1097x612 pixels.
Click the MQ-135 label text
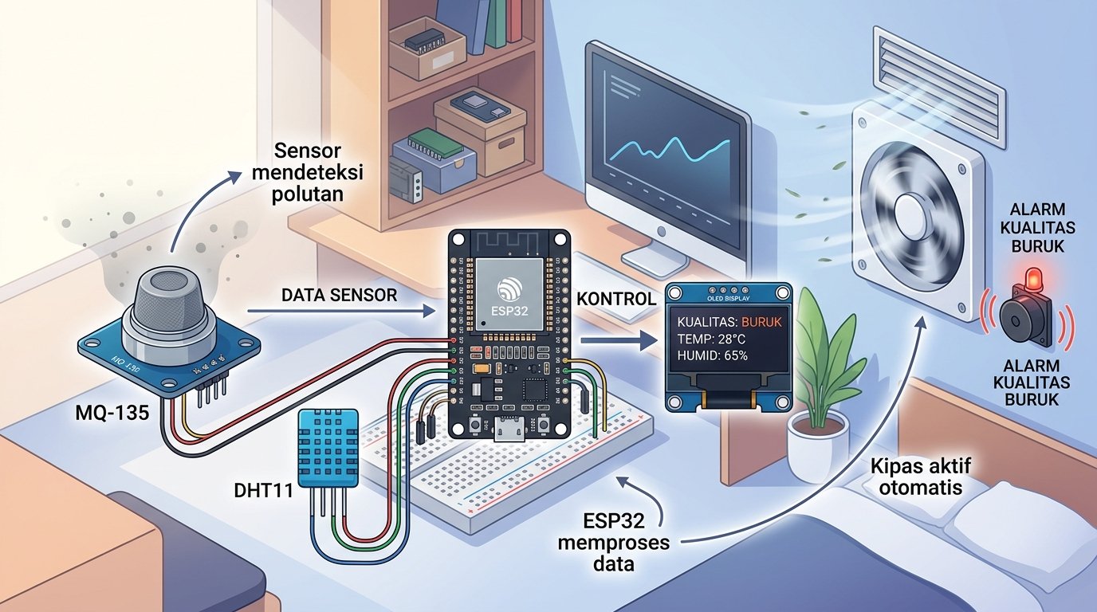tap(112, 413)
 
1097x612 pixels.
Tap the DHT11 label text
tap(263, 490)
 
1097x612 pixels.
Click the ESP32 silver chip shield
tap(509, 294)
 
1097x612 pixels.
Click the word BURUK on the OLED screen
tap(761, 322)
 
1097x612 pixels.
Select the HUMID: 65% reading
tap(712, 355)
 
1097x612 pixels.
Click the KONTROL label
tap(615, 299)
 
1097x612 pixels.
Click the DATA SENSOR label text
tap(340, 295)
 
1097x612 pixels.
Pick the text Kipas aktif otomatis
tap(920, 476)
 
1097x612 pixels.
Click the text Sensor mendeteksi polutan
tap(308, 172)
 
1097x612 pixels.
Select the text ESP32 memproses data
tap(614, 543)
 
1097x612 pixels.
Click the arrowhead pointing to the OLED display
tap(648, 339)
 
